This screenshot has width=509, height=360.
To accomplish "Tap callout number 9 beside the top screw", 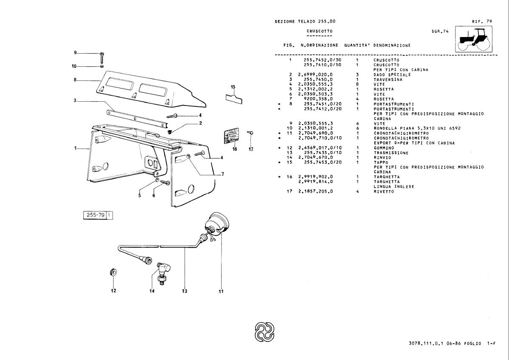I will pyautogui.click(x=75, y=52).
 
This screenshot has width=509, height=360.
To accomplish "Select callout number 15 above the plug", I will pyautogui.click(x=233, y=87).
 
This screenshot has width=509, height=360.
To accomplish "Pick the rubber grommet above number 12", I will pyautogui.click(x=114, y=272).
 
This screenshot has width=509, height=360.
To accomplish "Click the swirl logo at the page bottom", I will pyautogui.click(x=264, y=332).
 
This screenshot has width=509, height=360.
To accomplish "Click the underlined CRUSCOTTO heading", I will pyautogui.click(x=319, y=31).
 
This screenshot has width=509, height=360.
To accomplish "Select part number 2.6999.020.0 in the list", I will pyautogui.click(x=316, y=74).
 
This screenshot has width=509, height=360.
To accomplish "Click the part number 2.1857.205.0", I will pyautogui.click(x=316, y=191).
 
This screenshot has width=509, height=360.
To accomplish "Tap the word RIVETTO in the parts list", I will pyautogui.click(x=384, y=191).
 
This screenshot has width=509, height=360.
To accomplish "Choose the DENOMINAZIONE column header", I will pyautogui.click(x=392, y=45).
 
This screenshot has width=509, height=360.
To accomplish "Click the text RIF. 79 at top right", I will pyautogui.click(x=482, y=21).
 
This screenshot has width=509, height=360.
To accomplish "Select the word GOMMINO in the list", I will pyautogui.click(x=384, y=148).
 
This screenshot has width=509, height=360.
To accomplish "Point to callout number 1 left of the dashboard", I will pyautogui.click(x=75, y=148).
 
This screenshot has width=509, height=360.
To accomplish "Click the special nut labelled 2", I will pyautogui.click(x=170, y=132).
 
